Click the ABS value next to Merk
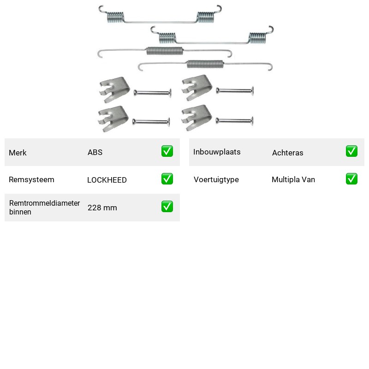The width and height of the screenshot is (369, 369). click(x=95, y=152)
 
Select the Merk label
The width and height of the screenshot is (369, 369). click(x=18, y=153)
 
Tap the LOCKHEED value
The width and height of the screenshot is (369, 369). click(x=107, y=180)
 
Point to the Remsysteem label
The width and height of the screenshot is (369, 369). click(x=31, y=179)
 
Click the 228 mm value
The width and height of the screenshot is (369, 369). click(x=102, y=208)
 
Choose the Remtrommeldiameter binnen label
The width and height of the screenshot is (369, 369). click(x=44, y=207)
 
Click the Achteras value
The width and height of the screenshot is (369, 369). click(x=287, y=153)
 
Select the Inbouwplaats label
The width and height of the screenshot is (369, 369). click(x=217, y=152)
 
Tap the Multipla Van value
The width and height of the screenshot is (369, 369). click(x=293, y=179)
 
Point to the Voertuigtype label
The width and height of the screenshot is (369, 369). click(x=216, y=179)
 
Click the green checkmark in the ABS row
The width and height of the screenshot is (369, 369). click(x=167, y=151)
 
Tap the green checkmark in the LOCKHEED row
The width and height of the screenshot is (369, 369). click(x=167, y=179)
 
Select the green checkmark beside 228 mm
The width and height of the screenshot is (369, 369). click(x=167, y=206)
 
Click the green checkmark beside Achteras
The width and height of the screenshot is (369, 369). click(x=351, y=151)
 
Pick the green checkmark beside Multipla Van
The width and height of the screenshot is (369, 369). click(x=351, y=179)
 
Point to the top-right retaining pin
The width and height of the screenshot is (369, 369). click(x=235, y=90)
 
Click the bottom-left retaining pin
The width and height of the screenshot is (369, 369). click(x=151, y=122)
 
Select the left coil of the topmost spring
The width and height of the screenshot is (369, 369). click(x=115, y=18)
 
